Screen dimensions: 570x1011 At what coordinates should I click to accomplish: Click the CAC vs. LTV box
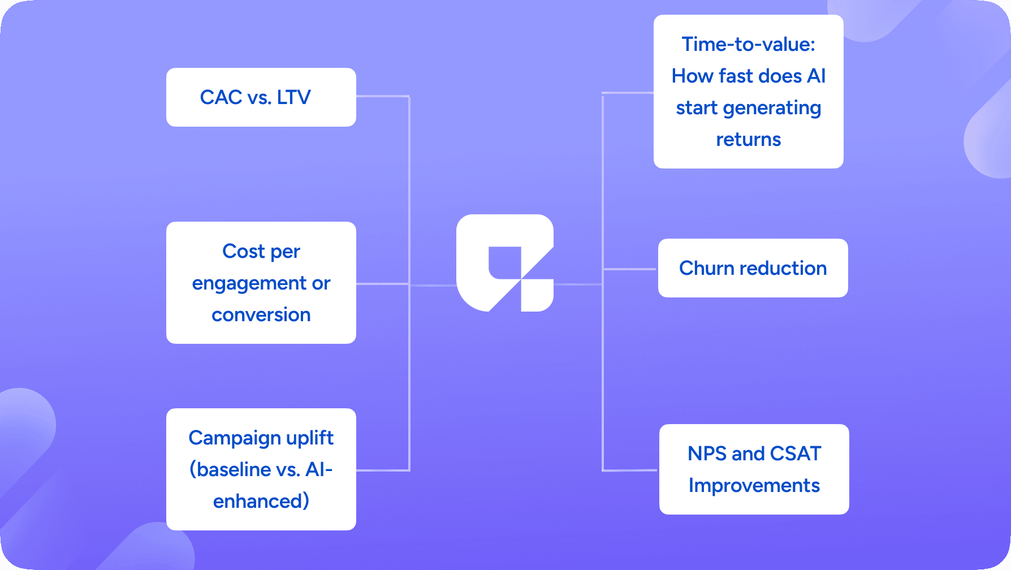(x=261, y=97)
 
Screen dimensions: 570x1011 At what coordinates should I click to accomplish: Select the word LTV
(x=293, y=97)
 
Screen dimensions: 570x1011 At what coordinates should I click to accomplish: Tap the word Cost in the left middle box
(x=243, y=251)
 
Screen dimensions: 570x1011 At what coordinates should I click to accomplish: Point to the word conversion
(x=261, y=314)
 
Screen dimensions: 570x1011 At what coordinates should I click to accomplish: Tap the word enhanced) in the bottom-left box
(x=261, y=501)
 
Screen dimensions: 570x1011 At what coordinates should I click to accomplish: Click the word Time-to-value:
(x=748, y=44)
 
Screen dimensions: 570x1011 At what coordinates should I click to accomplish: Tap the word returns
(x=748, y=140)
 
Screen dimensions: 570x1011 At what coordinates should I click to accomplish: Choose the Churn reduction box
(x=753, y=268)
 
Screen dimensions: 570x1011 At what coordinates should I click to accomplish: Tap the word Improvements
(x=754, y=486)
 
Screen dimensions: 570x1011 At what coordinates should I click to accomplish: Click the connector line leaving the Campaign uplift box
(x=382, y=470)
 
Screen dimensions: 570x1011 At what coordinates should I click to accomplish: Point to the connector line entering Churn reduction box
(x=630, y=269)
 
